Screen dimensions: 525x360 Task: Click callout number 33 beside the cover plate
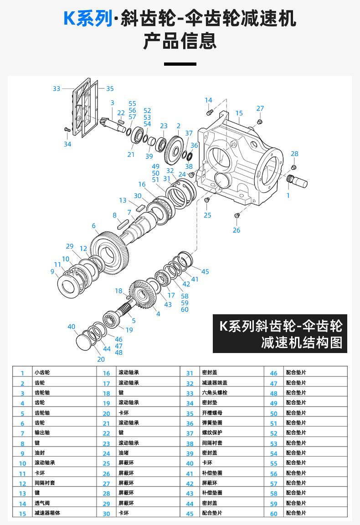tap(56, 88)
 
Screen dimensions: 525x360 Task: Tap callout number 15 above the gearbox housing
tap(239, 113)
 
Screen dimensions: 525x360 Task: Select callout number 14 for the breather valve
tap(208, 100)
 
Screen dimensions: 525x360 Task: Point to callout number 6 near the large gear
tap(93, 226)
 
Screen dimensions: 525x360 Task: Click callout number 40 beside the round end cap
tap(71, 327)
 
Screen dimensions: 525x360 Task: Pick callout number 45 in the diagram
tap(205, 272)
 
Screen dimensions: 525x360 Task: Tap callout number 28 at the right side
tap(294, 154)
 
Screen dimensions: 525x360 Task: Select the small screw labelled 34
tap(67, 130)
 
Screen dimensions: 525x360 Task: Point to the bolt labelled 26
tap(237, 215)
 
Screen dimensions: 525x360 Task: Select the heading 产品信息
tap(180, 42)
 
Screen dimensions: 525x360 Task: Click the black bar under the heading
tap(180, 64)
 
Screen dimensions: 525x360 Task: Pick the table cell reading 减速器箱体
tap(47, 513)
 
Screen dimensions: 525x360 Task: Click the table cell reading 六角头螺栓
tap(214, 393)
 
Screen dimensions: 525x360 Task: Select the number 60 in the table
tap(273, 514)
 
